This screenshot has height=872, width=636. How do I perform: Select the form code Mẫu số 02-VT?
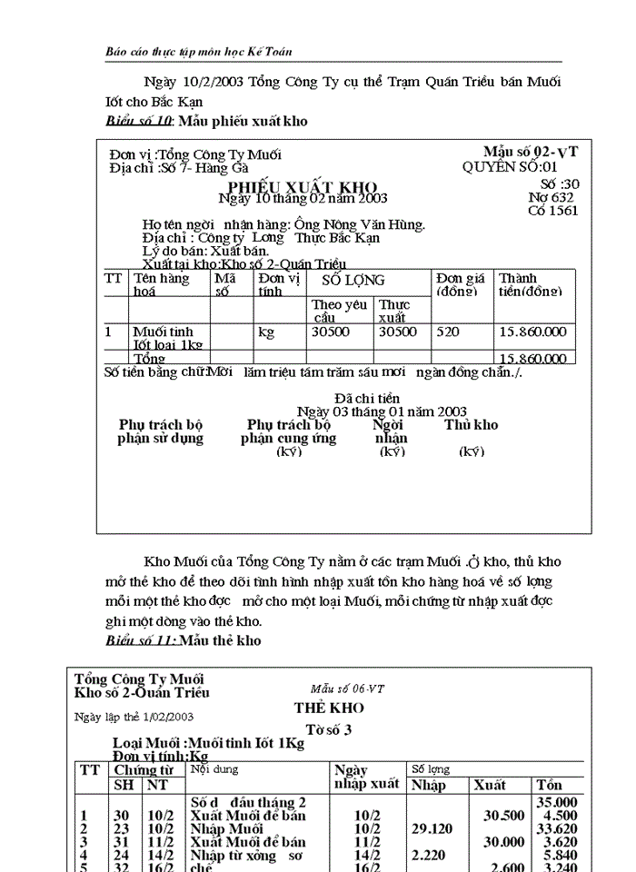(531, 152)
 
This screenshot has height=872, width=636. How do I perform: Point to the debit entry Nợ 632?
(551, 197)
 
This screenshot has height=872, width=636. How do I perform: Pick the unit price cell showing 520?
(448, 332)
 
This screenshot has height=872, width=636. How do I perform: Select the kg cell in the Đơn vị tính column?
(266, 332)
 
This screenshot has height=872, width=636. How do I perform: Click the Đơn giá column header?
(459, 284)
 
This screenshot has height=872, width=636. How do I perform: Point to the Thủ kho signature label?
(471, 425)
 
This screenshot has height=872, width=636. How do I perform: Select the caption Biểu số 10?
(138, 122)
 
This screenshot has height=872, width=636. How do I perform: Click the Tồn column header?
(550, 785)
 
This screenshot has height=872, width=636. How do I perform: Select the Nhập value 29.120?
(431, 828)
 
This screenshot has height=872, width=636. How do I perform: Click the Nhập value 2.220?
(429, 855)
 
